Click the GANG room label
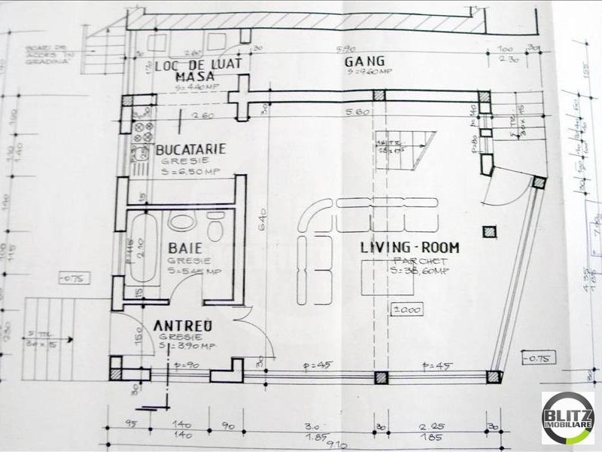(x=365, y=61)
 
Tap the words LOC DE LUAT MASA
(x=198, y=70)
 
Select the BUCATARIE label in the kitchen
(x=190, y=150)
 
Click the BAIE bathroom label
(x=184, y=247)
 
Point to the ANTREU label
(x=183, y=325)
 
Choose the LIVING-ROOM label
(x=409, y=247)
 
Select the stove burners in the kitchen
(x=141, y=134)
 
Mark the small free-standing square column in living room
(x=490, y=232)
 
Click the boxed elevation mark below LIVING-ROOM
(x=407, y=309)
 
